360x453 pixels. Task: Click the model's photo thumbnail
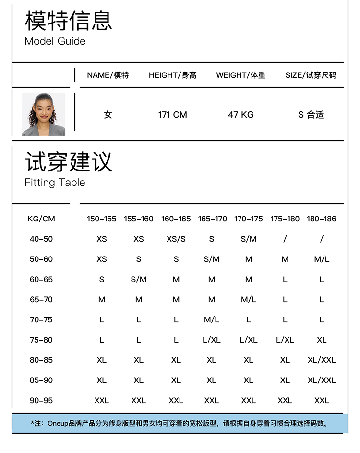click(x=44, y=114)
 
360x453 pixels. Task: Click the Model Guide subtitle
click(x=55, y=41)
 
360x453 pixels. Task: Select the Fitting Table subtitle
click(x=55, y=183)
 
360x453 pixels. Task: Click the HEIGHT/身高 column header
click(x=172, y=75)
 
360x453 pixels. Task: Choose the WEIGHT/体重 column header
click(x=240, y=75)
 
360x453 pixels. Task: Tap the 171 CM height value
click(x=172, y=115)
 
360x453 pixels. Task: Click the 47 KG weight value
click(x=240, y=115)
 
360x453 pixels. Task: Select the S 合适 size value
click(x=311, y=115)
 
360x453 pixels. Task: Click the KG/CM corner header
click(x=41, y=219)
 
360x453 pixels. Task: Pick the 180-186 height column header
click(x=322, y=219)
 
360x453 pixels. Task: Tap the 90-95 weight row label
click(x=41, y=401)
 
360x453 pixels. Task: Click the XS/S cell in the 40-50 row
click(x=176, y=239)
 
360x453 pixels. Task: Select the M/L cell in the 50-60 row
click(x=322, y=259)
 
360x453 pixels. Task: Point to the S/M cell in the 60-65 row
click(x=139, y=280)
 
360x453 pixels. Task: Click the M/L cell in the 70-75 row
click(x=212, y=320)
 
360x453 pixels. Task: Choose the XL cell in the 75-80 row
click(x=322, y=340)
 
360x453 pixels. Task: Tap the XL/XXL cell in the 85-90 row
click(x=322, y=380)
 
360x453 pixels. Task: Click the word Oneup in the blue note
click(x=58, y=423)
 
